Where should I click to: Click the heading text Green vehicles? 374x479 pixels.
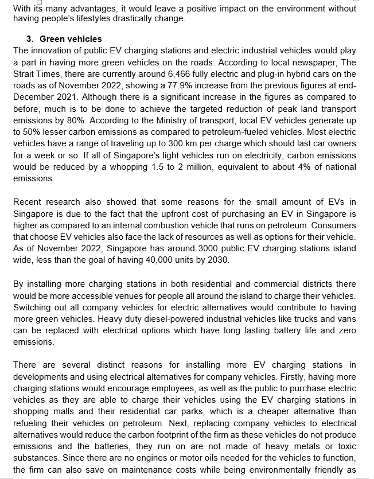pos(71,39)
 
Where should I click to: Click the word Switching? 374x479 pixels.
pos(32,307)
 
